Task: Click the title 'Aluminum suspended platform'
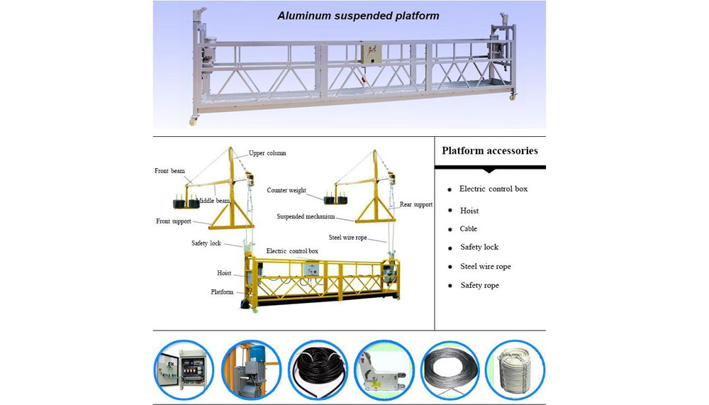pos(358,15)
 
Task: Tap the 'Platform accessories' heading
pos(489,150)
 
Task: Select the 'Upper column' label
pos(267,153)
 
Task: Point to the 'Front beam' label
pos(169,171)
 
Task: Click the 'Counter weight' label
pos(286,190)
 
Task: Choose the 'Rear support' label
pos(415,204)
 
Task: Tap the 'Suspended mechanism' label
pos(306,217)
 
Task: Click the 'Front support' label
pos(174,221)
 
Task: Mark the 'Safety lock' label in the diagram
pos(206,243)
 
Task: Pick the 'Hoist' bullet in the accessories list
pos(469,211)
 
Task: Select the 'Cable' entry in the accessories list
pos(468,229)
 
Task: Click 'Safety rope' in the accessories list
pos(479,285)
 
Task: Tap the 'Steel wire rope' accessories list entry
pos(485,267)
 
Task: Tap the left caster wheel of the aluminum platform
pos(192,121)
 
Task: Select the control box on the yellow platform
pos(310,270)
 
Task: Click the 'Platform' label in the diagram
pos(222,292)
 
